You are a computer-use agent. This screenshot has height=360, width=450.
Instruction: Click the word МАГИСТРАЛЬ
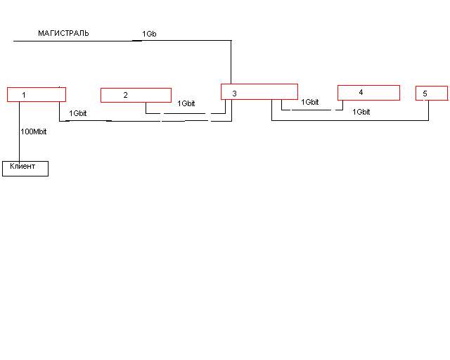click(63, 33)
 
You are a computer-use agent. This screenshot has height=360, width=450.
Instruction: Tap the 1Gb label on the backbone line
click(149, 34)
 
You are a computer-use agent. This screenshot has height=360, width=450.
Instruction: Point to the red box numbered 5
click(431, 93)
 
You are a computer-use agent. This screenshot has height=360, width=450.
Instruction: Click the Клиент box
click(25, 168)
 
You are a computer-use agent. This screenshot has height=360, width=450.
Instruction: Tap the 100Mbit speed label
click(34, 131)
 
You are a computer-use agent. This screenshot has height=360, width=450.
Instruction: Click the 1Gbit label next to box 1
click(78, 113)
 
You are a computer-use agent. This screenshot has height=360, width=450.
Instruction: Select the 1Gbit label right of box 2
click(186, 103)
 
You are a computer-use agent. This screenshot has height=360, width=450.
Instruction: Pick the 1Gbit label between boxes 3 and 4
click(310, 102)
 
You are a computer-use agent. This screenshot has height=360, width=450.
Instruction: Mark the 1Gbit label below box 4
click(361, 112)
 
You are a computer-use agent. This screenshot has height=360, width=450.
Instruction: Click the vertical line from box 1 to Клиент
click(20, 134)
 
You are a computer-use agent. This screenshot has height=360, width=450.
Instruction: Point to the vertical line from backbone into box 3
click(231, 63)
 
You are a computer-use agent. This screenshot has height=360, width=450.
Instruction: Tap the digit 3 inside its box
click(234, 93)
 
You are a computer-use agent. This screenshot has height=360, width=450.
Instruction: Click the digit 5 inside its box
click(425, 94)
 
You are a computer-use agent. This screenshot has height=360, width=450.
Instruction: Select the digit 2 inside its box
click(126, 95)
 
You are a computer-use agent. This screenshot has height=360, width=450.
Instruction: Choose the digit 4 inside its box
click(361, 92)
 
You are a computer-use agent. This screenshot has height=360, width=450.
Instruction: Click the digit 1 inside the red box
click(24, 94)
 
